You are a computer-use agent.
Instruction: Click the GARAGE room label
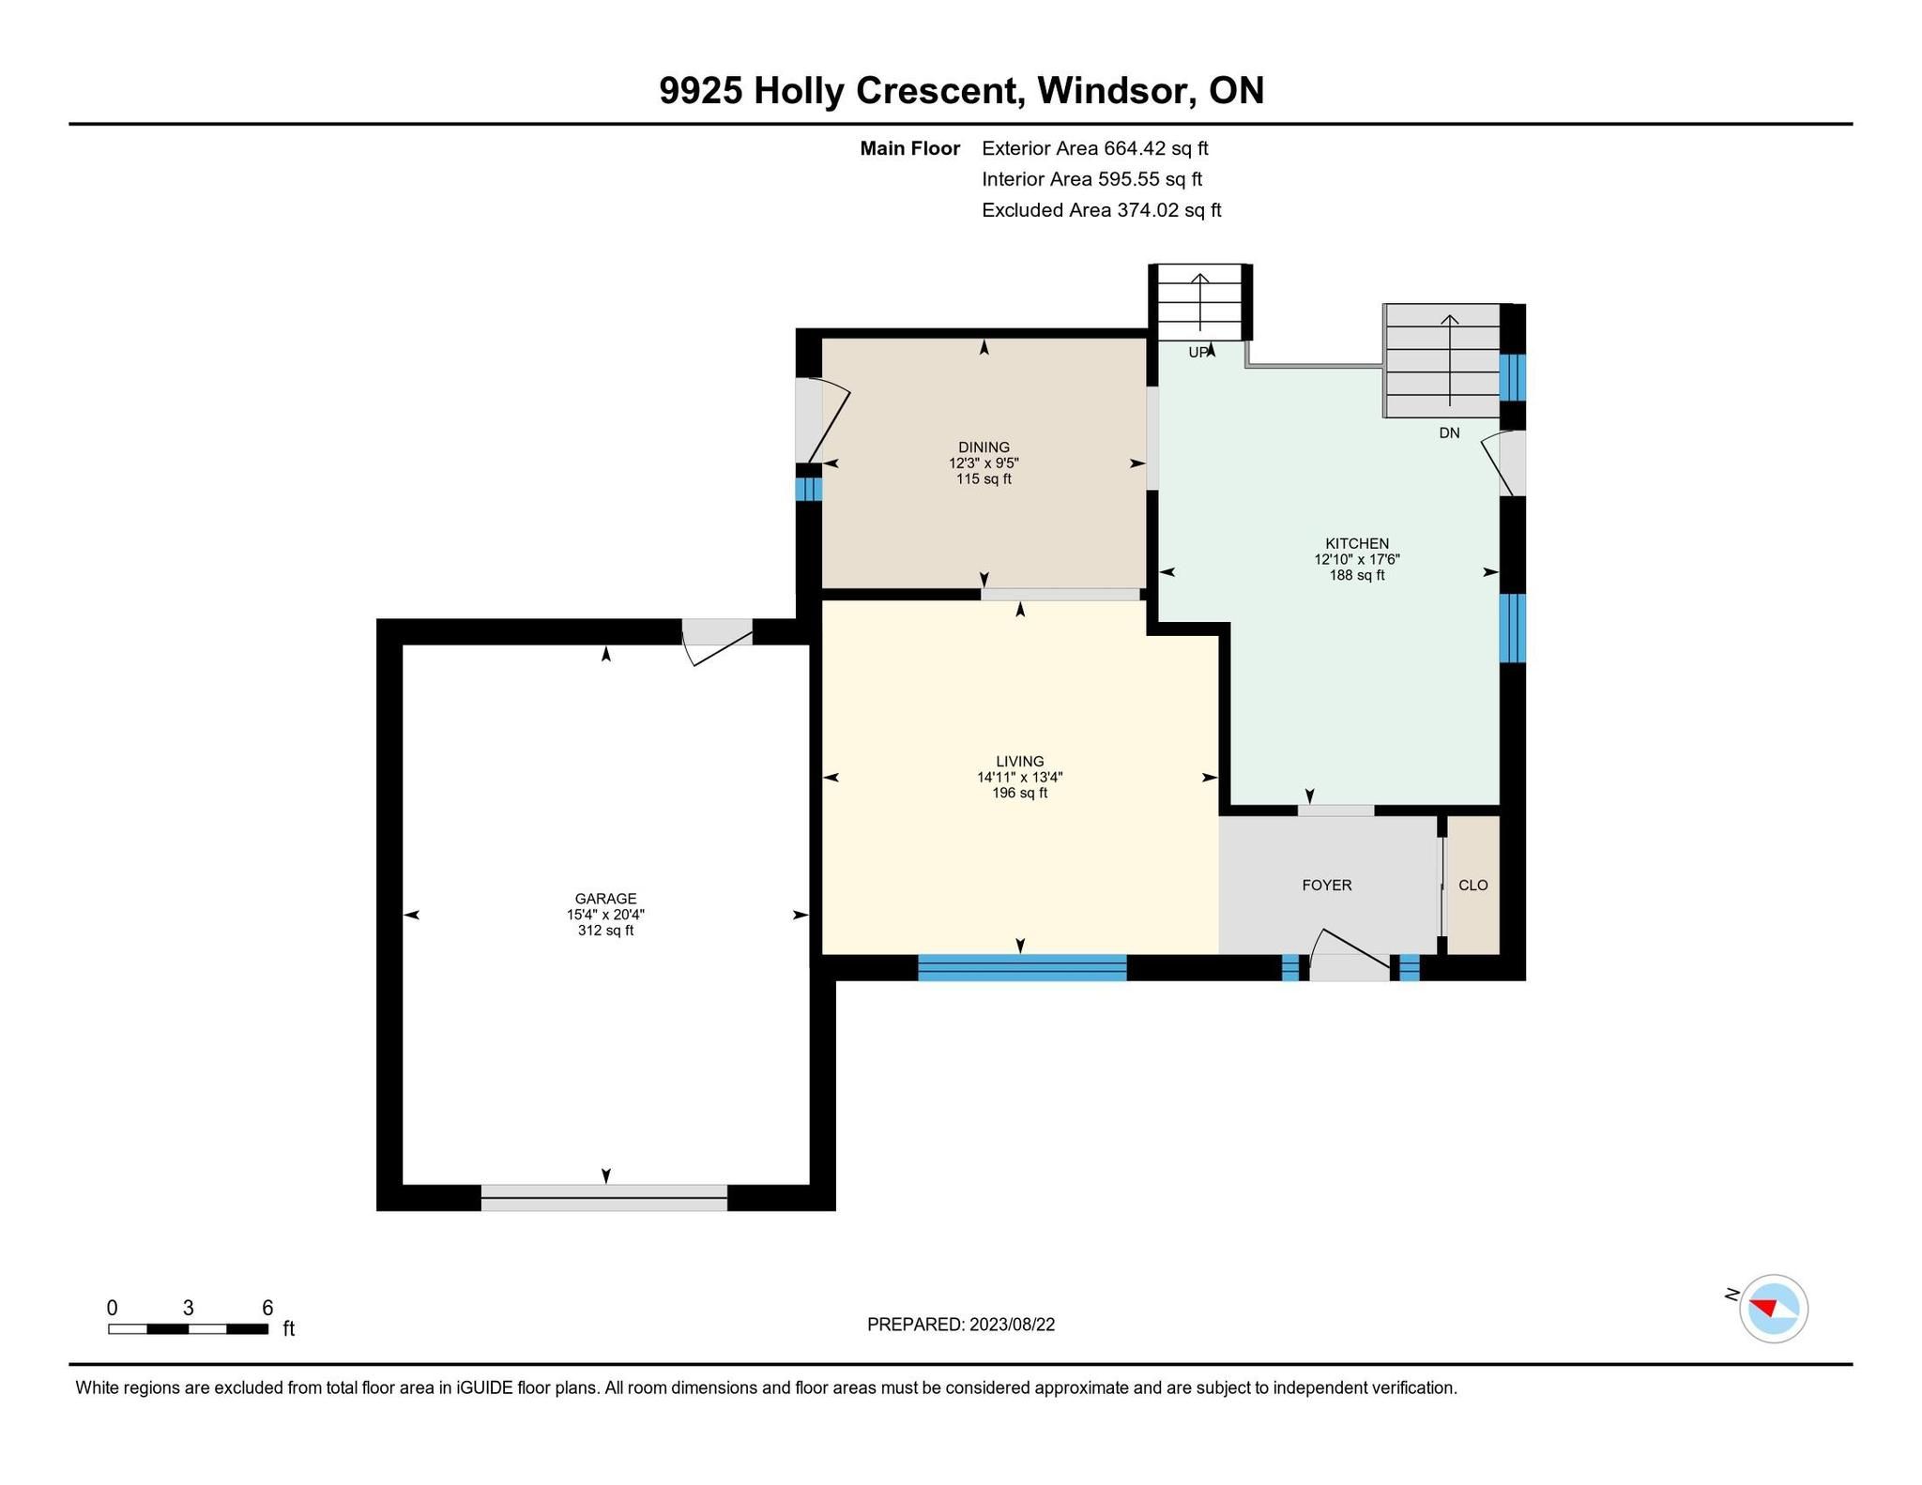coord(605,899)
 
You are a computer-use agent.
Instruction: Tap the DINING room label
coord(984,447)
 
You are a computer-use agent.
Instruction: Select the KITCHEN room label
coord(1357,544)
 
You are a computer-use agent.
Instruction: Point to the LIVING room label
coord(1020,762)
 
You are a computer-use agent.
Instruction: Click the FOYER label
coord(1327,886)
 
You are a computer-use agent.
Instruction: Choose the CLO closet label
coord(1473,886)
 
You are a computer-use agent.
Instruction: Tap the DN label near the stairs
coord(1449,433)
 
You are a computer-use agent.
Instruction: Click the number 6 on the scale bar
coord(267,1308)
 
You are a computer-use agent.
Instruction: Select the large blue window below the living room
coord(1022,967)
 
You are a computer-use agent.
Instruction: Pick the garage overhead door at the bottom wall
coord(604,1198)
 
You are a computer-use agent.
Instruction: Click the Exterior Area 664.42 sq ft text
coord(1095,148)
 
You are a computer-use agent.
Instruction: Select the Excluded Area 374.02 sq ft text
coord(1102,210)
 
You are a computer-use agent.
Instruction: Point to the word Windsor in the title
coord(1116,91)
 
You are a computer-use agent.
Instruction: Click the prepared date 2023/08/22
coord(1013,1325)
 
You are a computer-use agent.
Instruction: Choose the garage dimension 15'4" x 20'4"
coord(605,915)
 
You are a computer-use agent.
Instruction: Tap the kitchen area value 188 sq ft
coord(1357,575)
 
